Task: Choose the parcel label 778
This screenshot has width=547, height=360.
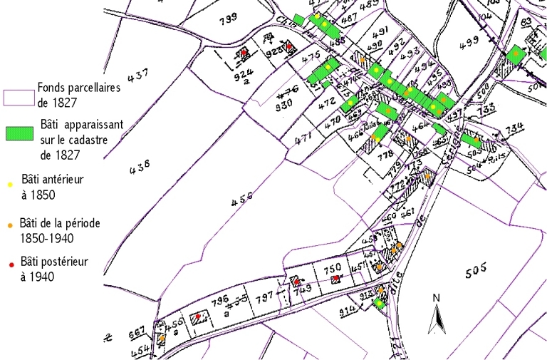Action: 385,155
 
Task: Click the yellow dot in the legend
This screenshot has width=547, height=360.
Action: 11,184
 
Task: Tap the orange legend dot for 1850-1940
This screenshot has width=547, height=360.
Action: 11,226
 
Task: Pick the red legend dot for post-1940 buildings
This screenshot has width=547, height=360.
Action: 11,264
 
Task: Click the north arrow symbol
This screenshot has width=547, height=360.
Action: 435,317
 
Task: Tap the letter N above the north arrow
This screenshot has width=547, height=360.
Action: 436,297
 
